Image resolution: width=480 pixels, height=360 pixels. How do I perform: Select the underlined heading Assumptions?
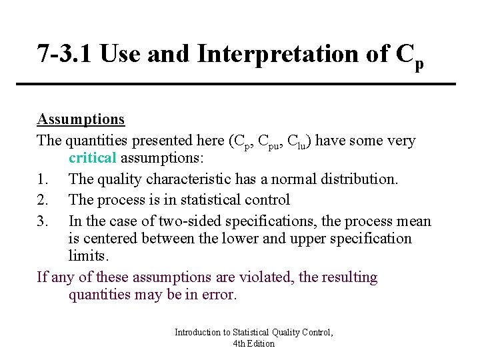coord(81,119)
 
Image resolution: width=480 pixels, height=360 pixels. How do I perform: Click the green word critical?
coord(93,159)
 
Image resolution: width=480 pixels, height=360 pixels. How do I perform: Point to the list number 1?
coord(42,179)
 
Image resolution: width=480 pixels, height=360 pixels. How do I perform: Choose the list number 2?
coord(42,199)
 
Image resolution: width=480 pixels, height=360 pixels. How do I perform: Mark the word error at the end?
coord(219,295)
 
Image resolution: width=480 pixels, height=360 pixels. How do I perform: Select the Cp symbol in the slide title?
coord(411,57)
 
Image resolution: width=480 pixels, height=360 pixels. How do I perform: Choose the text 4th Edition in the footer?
coord(254,343)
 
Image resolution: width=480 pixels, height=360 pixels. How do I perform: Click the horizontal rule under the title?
coord(245,84)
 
